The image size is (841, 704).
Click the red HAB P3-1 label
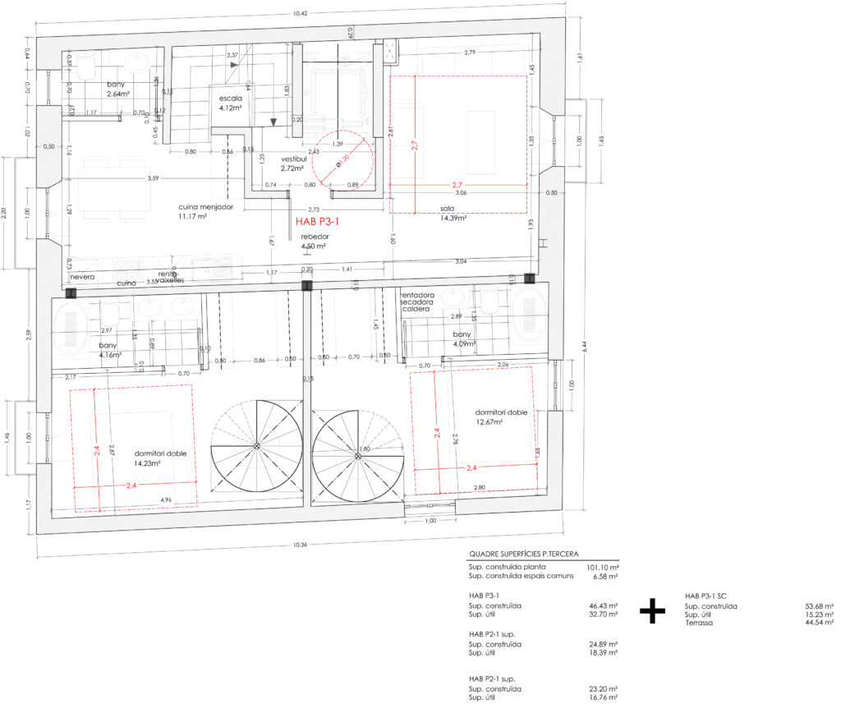(318, 221)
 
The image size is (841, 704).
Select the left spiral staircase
(256, 445)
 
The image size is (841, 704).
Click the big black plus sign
(652, 610)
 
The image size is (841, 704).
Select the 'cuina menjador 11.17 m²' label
(206, 212)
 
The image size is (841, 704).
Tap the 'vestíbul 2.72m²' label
(294, 163)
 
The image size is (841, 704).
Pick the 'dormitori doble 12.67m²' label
(500, 417)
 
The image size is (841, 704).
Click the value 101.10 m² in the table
(603, 567)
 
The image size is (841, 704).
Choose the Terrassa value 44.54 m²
(820, 623)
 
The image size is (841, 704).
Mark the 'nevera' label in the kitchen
(83, 278)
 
